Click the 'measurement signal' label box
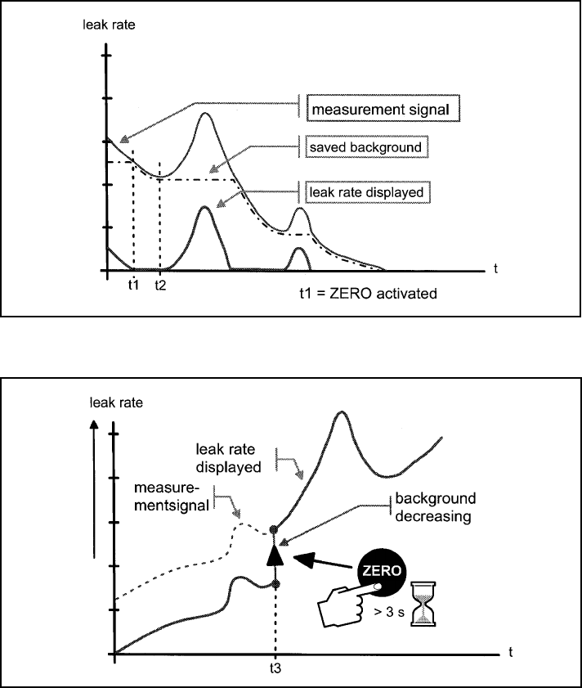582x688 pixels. click(378, 108)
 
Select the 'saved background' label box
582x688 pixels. click(365, 147)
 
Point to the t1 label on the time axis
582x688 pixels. click(132, 285)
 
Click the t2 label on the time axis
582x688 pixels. click(160, 286)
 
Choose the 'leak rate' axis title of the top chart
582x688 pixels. click(104, 24)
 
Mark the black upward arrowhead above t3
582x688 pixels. click(275, 555)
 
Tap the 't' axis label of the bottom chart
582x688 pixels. click(510, 651)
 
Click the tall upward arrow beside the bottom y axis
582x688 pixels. click(96, 507)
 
